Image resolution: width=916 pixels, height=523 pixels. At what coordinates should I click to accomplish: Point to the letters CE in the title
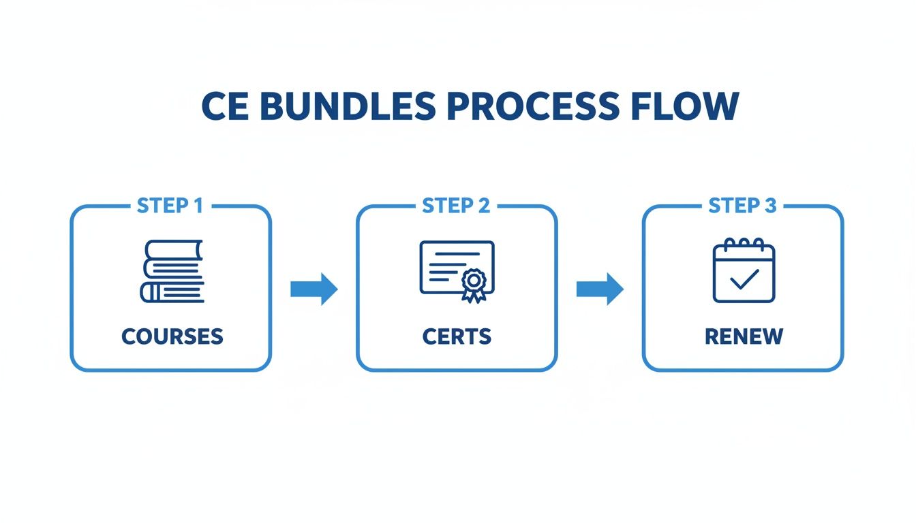click(226, 107)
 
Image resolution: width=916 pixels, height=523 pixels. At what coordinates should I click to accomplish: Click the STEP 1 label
click(170, 206)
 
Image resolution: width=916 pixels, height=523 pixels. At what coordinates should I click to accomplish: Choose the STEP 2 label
click(456, 206)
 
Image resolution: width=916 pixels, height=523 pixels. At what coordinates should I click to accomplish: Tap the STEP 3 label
click(742, 206)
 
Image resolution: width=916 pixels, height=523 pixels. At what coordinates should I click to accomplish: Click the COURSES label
click(172, 336)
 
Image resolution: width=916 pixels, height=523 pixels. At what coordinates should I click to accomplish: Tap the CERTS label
click(457, 336)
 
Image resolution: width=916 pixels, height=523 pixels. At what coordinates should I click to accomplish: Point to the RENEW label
click(744, 336)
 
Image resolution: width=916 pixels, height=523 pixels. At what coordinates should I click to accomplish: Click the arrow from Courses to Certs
click(314, 289)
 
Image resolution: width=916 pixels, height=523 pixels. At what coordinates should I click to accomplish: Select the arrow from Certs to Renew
click(600, 289)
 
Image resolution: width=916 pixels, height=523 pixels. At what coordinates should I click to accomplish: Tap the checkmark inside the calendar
click(744, 279)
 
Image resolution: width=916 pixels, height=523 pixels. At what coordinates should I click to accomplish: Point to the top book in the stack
click(175, 249)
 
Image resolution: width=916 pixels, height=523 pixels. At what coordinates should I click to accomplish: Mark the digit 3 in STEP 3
click(769, 206)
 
